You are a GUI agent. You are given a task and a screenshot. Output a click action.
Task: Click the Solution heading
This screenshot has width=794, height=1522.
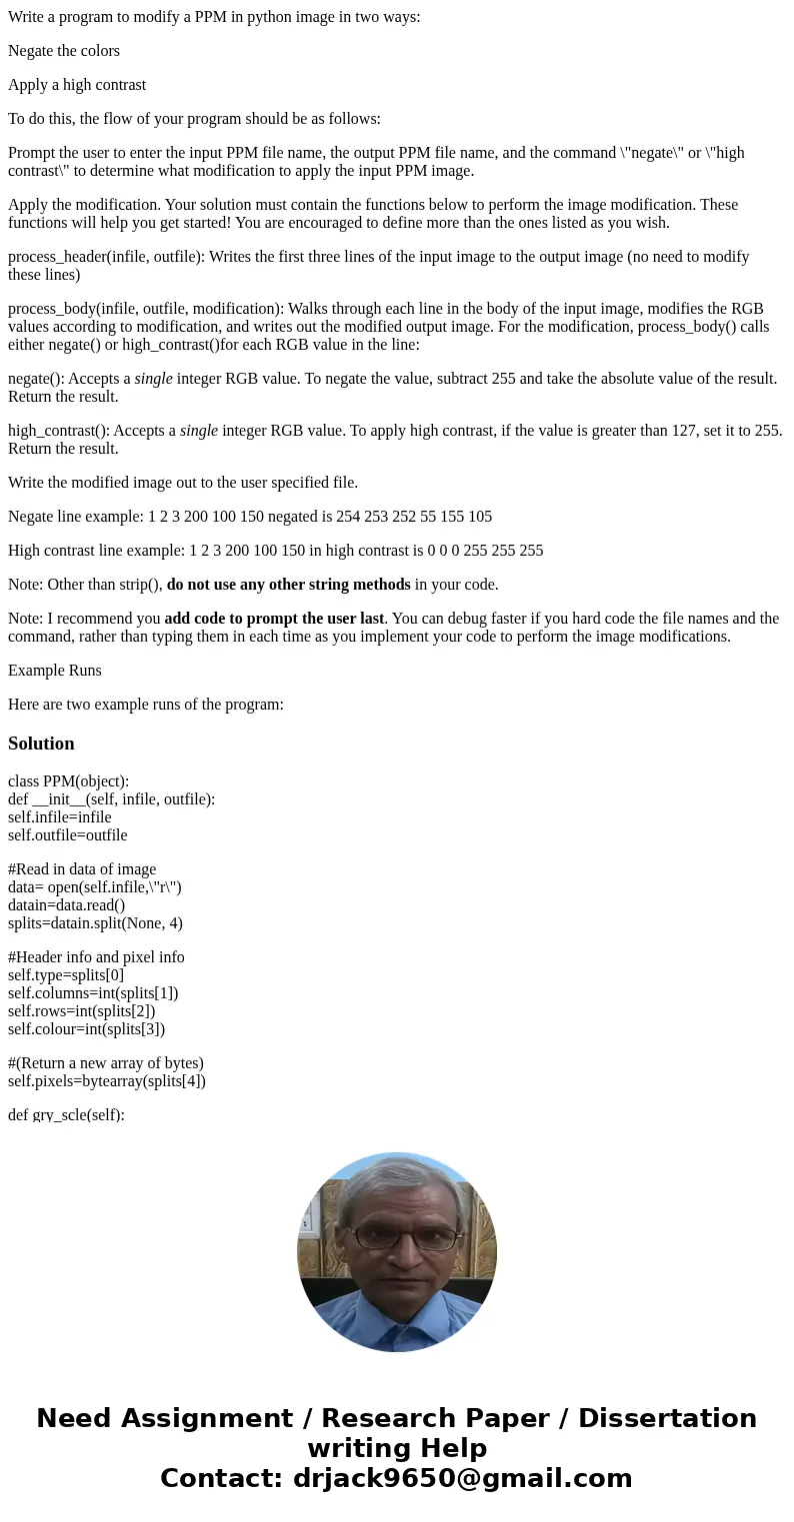41,744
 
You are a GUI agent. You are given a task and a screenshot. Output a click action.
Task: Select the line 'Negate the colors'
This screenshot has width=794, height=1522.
64,51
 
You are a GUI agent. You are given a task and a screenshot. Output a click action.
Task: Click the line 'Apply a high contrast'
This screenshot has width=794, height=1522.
77,85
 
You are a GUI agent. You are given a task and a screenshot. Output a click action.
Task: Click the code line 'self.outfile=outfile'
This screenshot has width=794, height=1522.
68,835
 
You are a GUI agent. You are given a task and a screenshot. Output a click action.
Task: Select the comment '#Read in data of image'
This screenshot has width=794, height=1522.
82,869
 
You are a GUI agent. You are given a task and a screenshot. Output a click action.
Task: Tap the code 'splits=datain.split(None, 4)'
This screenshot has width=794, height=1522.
95,923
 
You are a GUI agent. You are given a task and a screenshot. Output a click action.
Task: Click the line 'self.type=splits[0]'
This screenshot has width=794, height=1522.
66,975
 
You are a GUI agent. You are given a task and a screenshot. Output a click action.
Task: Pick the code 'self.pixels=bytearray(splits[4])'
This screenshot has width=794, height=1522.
107,1081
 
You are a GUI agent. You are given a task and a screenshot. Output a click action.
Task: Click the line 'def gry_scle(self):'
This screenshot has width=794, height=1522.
66,1115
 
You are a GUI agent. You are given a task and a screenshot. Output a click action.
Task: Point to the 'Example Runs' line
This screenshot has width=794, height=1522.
55,671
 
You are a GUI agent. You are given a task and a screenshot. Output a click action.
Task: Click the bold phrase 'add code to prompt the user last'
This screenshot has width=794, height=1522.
274,619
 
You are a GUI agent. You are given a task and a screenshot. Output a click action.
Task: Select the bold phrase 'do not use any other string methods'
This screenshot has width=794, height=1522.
288,585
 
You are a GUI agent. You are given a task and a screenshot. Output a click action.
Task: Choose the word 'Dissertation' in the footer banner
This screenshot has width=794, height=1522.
667,1418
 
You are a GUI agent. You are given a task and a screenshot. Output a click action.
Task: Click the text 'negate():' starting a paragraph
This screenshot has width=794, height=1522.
36,379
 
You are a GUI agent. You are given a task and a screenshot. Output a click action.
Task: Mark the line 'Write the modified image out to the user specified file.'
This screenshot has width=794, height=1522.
183,483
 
